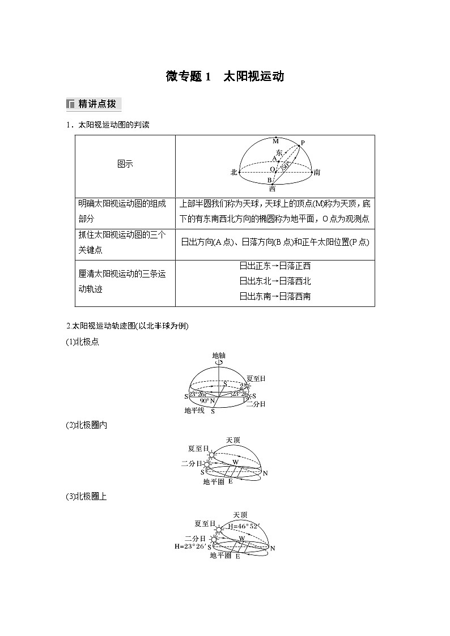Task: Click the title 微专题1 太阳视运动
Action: (224, 76)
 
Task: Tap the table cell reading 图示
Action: (125, 164)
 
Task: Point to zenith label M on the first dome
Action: (275, 140)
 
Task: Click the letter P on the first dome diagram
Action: (302, 143)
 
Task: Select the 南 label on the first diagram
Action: (317, 172)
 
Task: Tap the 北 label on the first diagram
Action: (234, 172)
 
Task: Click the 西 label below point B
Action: (272, 189)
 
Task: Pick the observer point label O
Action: (271, 169)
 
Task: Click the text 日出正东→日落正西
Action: (275, 266)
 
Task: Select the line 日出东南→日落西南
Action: (275, 296)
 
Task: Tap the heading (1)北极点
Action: (83, 342)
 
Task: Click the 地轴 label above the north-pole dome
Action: (218, 356)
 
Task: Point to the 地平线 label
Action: (194, 410)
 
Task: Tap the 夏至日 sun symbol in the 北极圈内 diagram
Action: (212, 454)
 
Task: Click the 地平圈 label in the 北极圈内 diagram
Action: (214, 481)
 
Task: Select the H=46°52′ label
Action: (243, 526)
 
